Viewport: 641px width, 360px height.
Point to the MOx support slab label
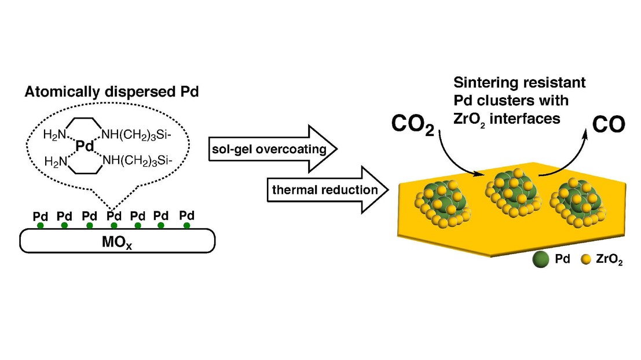pyautogui.click(x=117, y=240)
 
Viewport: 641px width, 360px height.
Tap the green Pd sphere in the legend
pyautogui.click(x=540, y=260)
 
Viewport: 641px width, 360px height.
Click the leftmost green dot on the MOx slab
pyautogui.click(x=40, y=225)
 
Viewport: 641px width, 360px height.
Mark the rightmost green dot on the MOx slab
pyautogui.click(x=186, y=225)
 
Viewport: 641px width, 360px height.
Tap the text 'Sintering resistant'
pyautogui.click(x=511, y=83)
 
